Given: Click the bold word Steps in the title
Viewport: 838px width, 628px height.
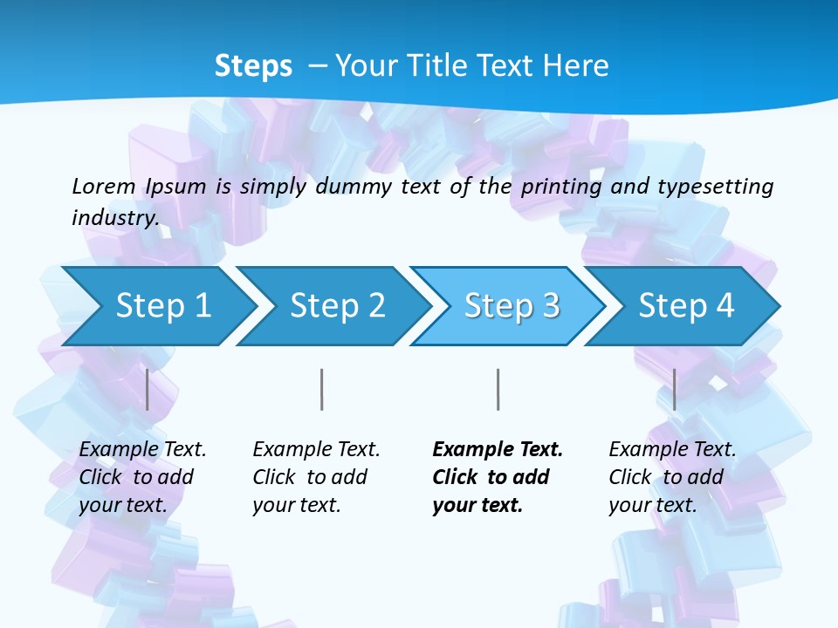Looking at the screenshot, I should coord(253,66).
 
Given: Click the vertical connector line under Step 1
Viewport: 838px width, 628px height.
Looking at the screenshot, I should coord(148,389).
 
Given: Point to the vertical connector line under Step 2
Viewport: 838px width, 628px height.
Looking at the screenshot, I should coord(322,389).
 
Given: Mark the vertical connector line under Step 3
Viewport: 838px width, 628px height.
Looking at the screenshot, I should coord(498,389).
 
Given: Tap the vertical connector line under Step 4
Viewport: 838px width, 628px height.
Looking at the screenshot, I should coord(674,389).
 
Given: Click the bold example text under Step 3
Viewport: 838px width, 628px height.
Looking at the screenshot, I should coord(497,477).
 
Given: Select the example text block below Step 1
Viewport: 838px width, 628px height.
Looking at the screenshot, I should coord(142,477).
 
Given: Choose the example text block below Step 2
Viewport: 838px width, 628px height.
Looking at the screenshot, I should coord(316,477).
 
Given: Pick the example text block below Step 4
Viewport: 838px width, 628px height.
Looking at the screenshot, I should coord(672,477).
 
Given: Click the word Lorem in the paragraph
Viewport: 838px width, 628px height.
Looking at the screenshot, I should coord(102,186).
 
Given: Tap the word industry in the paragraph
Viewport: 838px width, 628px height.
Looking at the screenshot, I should coord(114,217).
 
